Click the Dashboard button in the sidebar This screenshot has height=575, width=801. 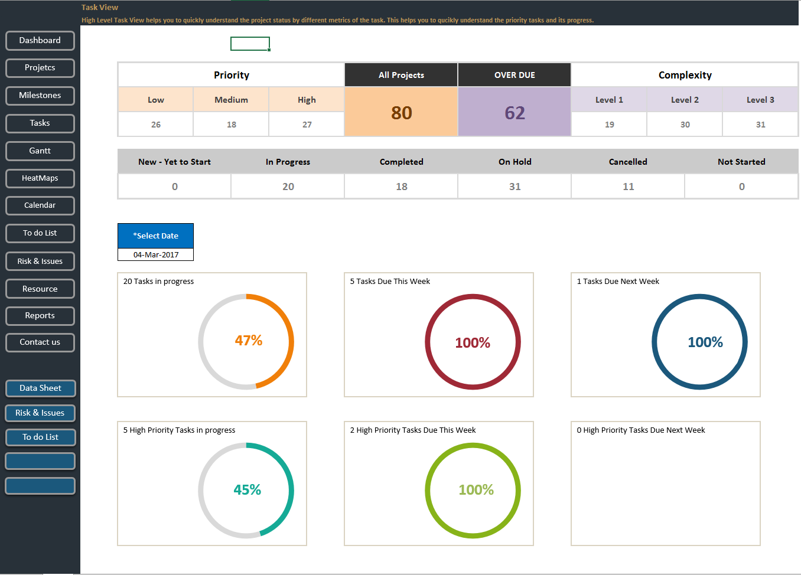pyautogui.click(x=40, y=41)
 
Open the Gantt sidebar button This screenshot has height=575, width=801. pyautogui.click(x=40, y=151)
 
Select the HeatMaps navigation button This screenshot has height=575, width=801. pyautogui.click(x=40, y=178)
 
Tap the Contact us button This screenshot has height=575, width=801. pyautogui.click(x=40, y=342)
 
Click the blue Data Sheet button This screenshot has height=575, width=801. pyautogui.click(x=40, y=388)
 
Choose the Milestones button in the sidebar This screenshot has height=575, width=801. pyautogui.click(x=40, y=96)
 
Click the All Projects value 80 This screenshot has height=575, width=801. pyautogui.click(x=401, y=113)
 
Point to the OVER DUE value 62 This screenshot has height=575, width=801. pyautogui.click(x=515, y=113)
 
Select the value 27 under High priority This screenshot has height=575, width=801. pyautogui.click(x=307, y=125)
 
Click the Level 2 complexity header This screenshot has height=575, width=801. pyautogui.click(x=685, y=100)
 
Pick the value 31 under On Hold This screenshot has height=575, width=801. pyautogui.click(x=515, y=187)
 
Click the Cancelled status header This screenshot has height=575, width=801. pyautogui.click(x=628, y=162)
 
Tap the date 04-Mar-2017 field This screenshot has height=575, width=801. pyautogui.click(x=156, y=255)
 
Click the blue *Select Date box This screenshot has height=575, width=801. pyautogui.click(x=156, y=236)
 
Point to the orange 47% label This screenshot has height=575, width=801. pyautogui.click(x=248, y=341)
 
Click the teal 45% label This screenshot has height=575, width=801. pyautogui.click(x=247, y=490)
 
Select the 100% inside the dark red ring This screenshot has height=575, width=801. pyautogui.click(x=473, y=343)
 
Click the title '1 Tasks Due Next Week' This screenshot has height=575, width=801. pyautogui.click(x=618, y=282)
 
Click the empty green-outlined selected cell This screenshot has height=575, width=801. pyautogui.click(x=250, y=44)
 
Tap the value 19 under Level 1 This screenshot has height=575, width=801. pyautogui.click(x=609, y=125)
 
